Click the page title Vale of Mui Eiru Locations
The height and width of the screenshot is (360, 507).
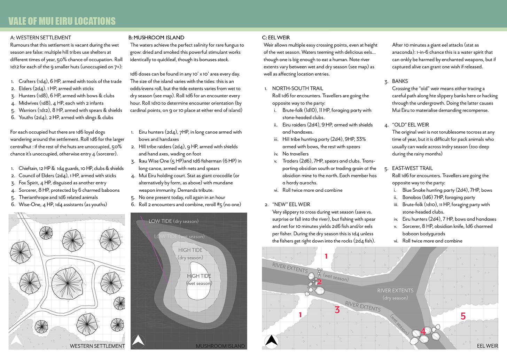(x=62, y=21)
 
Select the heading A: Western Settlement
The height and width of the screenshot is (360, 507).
(x=41, y=38)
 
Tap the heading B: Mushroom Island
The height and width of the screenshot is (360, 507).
(x=156, y=38)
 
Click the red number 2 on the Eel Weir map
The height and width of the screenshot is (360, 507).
(x=319, y=282)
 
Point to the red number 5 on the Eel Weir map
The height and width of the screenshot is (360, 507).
(x=463, y=316)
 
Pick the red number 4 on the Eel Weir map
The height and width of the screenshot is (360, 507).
(x=423, y=332)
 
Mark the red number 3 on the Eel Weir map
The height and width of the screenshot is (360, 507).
(x=337, y=309)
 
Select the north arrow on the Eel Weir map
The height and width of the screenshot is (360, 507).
(x=271, y=341)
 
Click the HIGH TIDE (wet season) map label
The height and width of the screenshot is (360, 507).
(x=199, y=279)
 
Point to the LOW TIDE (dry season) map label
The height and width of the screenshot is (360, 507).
(x=173, y=221)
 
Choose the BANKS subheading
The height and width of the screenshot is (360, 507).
(x=400, y=81)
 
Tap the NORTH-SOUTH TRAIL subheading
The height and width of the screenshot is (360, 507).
(x=297, y=89)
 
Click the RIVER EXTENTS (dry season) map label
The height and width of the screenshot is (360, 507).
(x=395, y=294)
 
